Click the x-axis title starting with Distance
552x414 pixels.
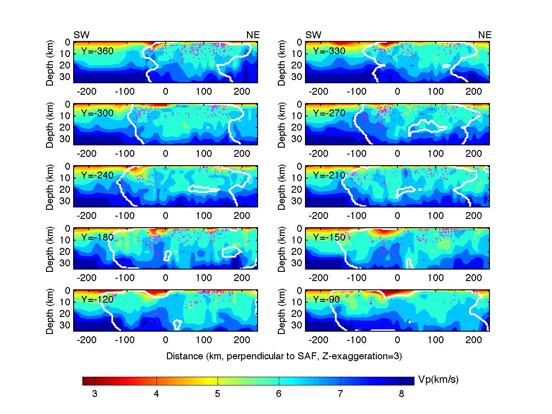click(284, 356)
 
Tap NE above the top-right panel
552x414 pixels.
click(485, 35)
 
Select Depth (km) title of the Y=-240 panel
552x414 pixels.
click(50, 186)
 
